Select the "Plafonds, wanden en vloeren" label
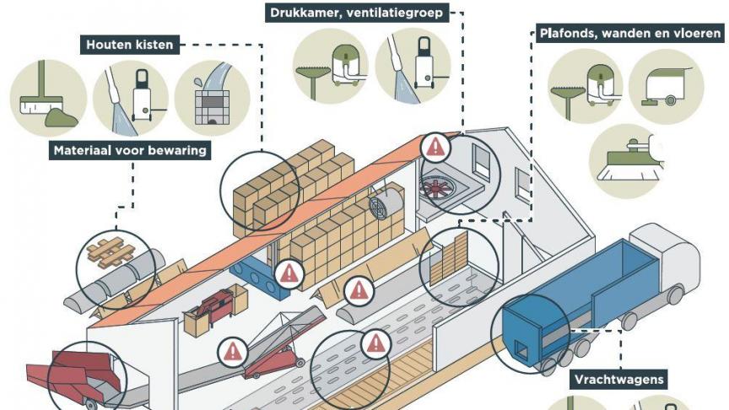(630, 34)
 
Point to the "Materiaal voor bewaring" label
(131, 151)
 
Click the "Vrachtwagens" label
(618, 380)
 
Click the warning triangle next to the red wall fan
(435, 148)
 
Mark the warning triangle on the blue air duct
(289, 272)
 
